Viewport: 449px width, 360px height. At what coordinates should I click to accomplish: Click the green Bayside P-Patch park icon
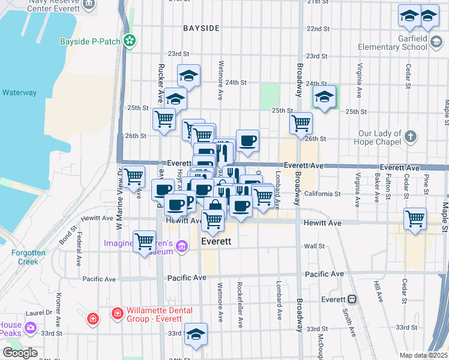click(x=129, y=41)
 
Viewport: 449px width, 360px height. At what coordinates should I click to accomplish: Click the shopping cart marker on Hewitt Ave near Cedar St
click(x=415, y=218)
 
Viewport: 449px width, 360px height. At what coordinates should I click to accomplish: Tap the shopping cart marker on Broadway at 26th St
click(x=301, y=123)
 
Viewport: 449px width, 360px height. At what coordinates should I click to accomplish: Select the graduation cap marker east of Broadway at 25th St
click(x=324, y=96)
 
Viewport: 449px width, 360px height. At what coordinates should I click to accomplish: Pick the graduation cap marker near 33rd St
click(x=196, y=334)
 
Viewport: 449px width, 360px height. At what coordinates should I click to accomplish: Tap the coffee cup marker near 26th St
click(x=247, y=140)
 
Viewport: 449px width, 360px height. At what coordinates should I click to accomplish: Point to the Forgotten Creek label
click(x=28, y=257)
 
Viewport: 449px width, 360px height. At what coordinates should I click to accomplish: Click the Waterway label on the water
click(x=19, y=93)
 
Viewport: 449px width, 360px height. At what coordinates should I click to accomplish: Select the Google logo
click(x=20, y=353)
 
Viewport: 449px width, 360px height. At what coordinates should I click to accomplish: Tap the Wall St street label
click(x=314, y=246)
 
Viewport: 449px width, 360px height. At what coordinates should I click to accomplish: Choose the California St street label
click(x=322, y=194)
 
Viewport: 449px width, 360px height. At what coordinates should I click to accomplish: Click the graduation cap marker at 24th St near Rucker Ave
click(x=188, y=75)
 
